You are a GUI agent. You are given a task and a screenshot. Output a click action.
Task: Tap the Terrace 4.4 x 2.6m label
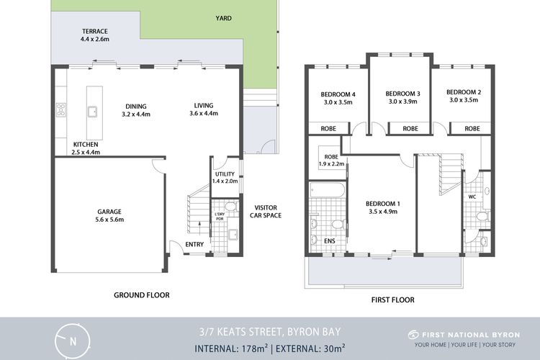point(95,35)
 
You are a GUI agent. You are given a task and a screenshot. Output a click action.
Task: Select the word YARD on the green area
point(223,18)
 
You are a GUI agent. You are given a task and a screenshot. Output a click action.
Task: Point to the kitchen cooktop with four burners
point(61,110)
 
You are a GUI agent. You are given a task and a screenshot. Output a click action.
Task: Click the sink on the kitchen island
point(92,112)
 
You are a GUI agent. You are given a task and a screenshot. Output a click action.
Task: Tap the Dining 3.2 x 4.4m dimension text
point(136,114)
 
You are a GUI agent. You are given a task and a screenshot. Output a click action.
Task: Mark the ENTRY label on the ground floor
point(194,244)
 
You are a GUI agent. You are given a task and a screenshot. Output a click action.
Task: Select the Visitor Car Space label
point(266,212)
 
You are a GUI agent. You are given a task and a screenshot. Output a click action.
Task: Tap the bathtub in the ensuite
point(327,190)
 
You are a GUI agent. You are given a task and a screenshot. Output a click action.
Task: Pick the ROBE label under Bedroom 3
point(410,128)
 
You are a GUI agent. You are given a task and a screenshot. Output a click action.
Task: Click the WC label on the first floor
point(472,197)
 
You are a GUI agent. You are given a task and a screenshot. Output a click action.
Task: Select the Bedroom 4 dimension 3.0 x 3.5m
point(338,102)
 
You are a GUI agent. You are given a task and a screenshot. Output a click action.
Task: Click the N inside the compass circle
point(73,342)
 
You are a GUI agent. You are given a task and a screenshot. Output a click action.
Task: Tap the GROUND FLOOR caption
point(142,295)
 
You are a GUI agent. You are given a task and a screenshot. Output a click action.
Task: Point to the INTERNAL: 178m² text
point(231,348)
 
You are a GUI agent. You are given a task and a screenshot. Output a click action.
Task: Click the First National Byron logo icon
point(413,335)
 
